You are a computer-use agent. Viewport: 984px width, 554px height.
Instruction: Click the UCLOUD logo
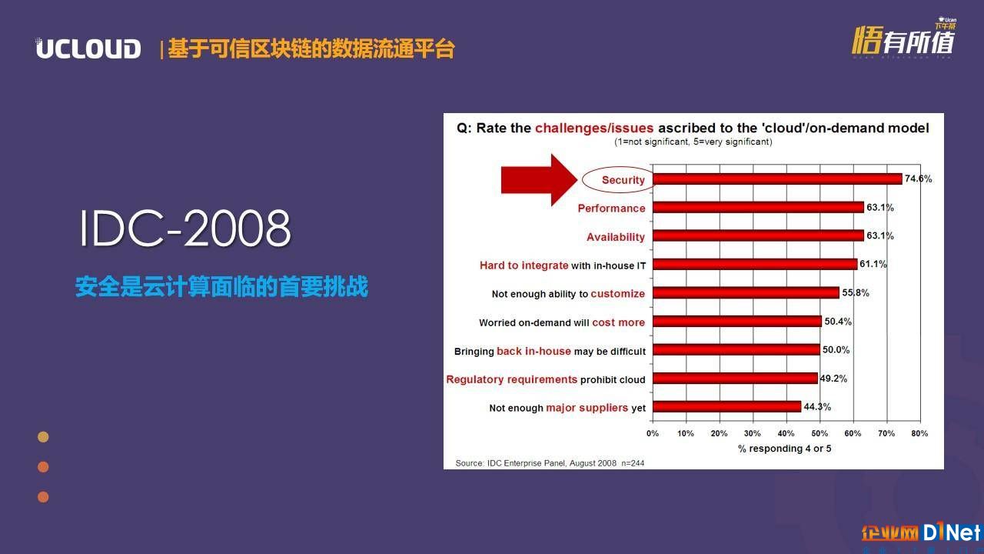(88, 48)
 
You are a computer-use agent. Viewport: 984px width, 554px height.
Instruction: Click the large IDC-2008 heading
(185, 228)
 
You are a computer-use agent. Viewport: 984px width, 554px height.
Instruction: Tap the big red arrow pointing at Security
(539, 180)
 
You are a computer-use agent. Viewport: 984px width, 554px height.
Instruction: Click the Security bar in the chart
(777, 179)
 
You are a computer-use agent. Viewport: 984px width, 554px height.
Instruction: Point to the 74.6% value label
(918, 179)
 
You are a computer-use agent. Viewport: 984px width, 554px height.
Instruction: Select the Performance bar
(758, 207)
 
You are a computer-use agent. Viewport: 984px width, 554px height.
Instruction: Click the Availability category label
(616, 237)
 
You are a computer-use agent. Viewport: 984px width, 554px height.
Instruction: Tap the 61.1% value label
(873, 264)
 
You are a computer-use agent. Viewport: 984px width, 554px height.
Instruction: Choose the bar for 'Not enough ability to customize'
(746, 292)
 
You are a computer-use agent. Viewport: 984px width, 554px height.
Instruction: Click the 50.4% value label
(838, 322)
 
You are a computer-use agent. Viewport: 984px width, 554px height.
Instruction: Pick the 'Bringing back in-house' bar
(736, 349)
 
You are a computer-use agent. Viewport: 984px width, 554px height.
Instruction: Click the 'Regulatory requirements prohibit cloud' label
(546, 379)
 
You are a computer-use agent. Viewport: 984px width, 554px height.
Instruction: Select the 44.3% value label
(817, 407)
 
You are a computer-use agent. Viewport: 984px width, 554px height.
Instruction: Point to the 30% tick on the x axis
(753, 433)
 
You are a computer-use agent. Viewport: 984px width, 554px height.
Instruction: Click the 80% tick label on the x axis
(919, 433)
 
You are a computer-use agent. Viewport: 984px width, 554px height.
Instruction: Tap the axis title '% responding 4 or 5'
(785, 449)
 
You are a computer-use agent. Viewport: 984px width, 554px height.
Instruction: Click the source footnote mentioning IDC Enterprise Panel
(550, 463)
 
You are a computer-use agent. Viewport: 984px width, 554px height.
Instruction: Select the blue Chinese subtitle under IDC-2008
(221, 287)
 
